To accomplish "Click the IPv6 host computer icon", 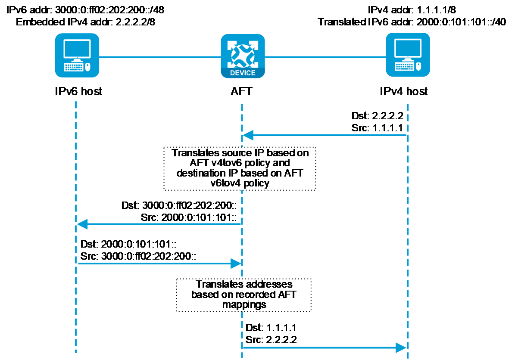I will (77, 56).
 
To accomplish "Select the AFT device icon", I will (243, 56).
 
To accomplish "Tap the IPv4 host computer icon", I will (407, 55).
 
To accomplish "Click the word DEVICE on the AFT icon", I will (243, 73).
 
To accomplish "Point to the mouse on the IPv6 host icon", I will (88, 67).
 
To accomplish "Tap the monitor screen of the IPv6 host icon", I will (77, 49).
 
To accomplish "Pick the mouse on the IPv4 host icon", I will (418, 67).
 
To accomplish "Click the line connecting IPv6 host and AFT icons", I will (160, 56).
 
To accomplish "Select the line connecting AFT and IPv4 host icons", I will (325, 56).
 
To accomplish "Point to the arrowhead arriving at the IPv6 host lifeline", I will (82, 224).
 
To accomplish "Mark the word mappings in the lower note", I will (244, 304).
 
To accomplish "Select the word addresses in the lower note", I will (269, 284).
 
